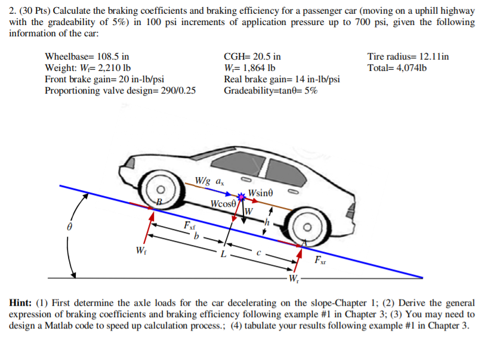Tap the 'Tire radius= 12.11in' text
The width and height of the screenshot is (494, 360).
(x=408, y=57)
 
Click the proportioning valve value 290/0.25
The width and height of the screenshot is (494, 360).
(x=175, y=91)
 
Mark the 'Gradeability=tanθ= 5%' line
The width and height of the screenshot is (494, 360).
(x=270, y=91)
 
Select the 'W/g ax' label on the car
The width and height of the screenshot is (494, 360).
(x=210, y=181)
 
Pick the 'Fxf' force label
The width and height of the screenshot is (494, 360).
(x=189, y=226)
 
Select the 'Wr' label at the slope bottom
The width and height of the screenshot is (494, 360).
(x=295, y=280)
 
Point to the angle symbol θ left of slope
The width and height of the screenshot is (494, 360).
(x=69, y=227)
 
